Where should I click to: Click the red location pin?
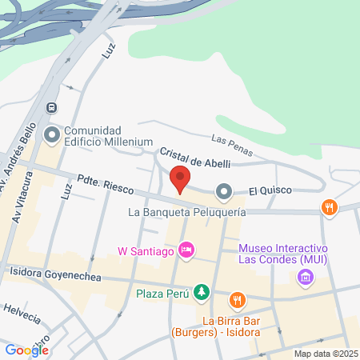point(180,179)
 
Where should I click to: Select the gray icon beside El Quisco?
point(223,191)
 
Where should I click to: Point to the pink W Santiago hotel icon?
point(186,251)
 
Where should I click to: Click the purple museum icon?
point(304,278)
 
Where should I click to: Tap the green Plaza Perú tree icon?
point(204,293)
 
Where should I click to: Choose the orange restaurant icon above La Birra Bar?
point(237,301)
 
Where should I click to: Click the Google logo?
point(26,350)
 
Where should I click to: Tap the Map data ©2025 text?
point(323,353)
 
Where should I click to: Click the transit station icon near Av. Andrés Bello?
point(53,107)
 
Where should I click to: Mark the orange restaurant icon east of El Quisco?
point(328,208)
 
